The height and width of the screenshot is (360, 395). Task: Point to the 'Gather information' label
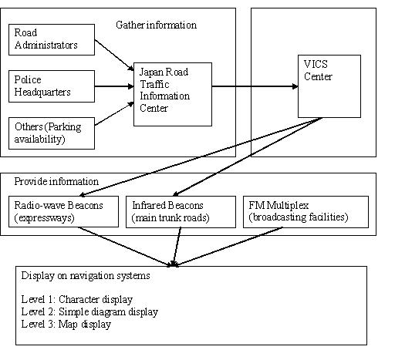click(x=157, y=25)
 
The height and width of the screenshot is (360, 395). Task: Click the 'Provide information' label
click(x=56, y=181)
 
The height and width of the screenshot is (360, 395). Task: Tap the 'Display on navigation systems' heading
click(x=86, y=276)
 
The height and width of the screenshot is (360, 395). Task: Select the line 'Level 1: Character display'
click(x=77, y=299)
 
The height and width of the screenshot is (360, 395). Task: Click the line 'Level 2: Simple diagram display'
click(x=89, y=311)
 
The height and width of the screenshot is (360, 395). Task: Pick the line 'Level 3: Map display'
click(x=66, y=324)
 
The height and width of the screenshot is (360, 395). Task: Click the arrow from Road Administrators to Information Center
click(x=114, y=55)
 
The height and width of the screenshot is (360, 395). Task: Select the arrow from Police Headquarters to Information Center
click(x=114, y=86)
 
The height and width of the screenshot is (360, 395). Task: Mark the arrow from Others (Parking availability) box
click(x=114, y=113)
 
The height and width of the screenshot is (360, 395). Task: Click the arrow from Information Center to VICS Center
click(x=255, y=86)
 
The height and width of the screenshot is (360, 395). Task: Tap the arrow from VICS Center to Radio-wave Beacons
click(x=201, y=157)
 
